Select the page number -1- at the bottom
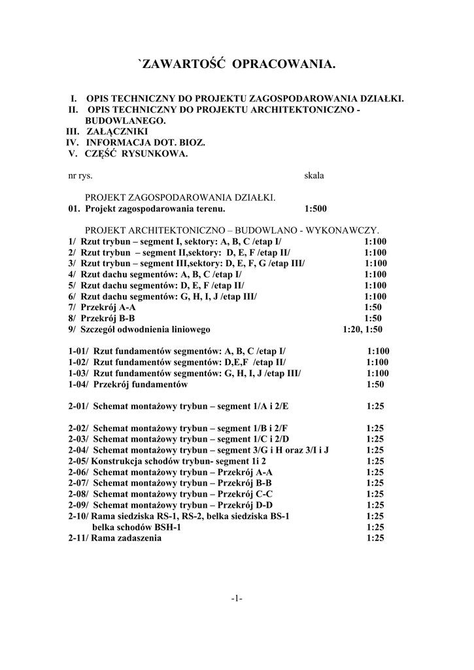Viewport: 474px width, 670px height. [237, 599]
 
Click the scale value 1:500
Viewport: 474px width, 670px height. [316, 209]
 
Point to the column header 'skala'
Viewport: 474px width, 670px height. [314, 175]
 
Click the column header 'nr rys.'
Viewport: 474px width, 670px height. [80, 175]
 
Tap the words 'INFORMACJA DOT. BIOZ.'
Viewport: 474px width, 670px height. [145, 143]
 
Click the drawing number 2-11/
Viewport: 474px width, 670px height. [78, 538]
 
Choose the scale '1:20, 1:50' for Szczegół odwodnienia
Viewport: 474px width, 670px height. [362, 329]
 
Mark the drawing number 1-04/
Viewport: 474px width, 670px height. [80, 384]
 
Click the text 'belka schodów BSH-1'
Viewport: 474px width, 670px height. [137, 527]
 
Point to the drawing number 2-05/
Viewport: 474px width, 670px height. [78, 461]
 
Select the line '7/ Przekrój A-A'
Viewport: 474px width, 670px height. [102, 307]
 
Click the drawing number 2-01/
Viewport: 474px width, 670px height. [80, 406]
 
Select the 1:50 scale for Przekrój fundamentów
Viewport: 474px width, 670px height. [375, 384]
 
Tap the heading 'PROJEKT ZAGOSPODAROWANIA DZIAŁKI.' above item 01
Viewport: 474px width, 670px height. [180, 198]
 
